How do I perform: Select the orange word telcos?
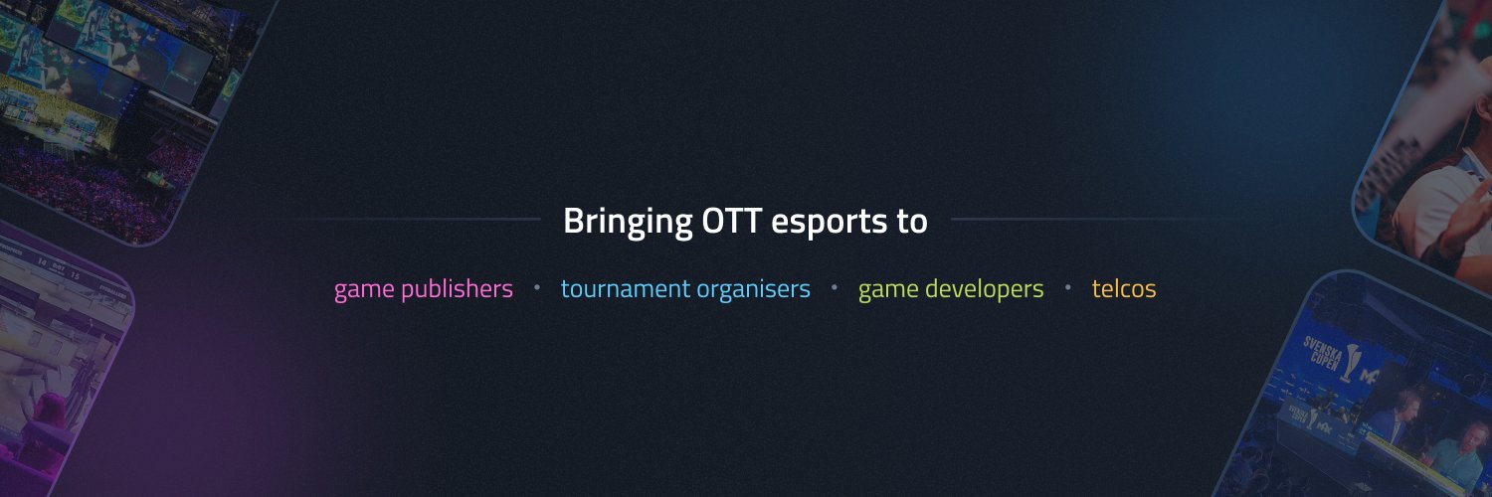(1124, 289)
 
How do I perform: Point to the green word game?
(888, 290)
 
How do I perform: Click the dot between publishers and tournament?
(537, 287)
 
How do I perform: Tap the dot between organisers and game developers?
(835, 287)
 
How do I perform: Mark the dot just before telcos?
(1068, 287)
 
